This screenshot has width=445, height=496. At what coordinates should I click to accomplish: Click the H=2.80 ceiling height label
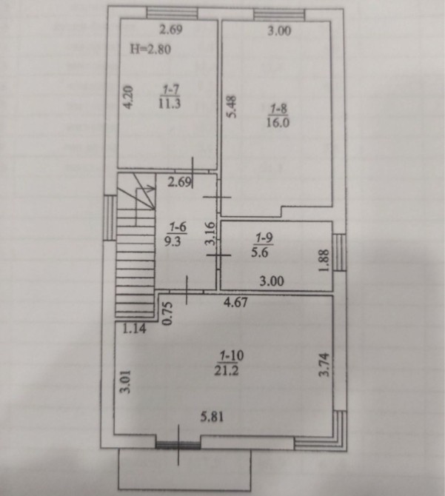click(150, 50)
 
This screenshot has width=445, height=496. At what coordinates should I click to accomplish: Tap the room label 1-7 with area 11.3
click(170, 97)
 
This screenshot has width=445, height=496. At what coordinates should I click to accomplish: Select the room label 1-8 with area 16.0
click(278, 115)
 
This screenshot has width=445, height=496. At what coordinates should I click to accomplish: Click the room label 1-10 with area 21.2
click(231, 363)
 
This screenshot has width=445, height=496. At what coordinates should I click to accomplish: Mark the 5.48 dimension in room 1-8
click(232, 107)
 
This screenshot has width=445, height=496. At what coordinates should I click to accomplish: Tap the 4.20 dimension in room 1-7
click(128, 97)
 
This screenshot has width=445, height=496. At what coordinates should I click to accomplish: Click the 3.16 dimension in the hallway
click(210, 233)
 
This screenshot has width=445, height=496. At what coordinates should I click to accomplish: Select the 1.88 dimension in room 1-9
click(324, 261)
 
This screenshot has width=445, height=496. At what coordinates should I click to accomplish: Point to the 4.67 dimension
click(235, 302)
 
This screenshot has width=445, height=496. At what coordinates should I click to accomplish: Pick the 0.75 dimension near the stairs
click(167, 313)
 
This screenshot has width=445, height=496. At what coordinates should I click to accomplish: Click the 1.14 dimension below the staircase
click(135, 329)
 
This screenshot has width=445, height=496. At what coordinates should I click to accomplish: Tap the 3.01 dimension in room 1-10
click(126, 382)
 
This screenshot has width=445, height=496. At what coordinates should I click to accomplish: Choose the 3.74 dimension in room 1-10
click(324, 364)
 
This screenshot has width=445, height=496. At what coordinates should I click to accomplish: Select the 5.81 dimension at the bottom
click(212, 417)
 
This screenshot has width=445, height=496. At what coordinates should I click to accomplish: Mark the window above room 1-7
click(173, 14)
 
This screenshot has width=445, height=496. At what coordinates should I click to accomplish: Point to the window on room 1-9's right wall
click(339, 252)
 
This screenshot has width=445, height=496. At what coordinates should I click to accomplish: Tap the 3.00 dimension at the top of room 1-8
click(279, 31)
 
